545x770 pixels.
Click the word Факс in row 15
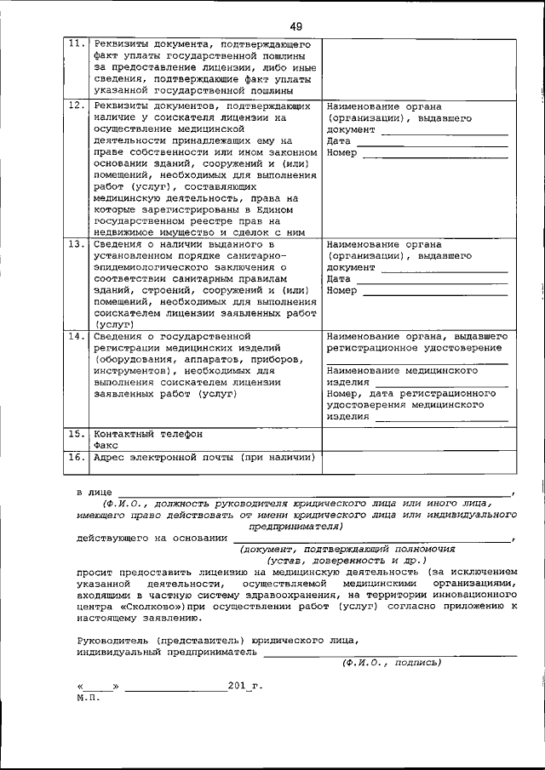tap(106, 445)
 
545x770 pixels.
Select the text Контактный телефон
tap(148, 434)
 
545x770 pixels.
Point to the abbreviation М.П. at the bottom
tap(88, 697)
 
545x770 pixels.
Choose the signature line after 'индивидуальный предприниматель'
tap(388, 653)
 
